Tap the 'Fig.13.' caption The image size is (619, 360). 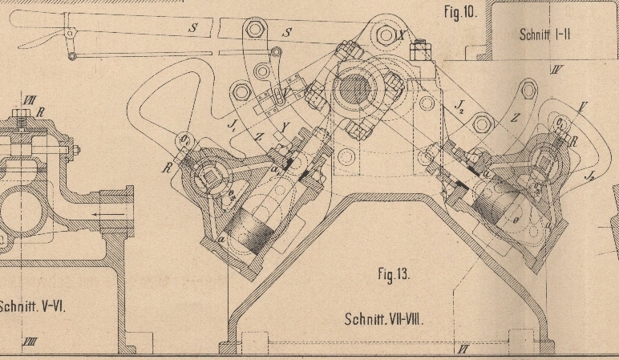click(393, 274)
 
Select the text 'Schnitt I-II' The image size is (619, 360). click(546, 34)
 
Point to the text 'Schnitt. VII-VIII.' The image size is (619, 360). click(384, 319)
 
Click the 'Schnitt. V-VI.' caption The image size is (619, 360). click(34, 305)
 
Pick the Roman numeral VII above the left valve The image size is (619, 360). click(30, 100)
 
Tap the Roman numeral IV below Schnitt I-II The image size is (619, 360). click(556, 70)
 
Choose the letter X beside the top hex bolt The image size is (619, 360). click(401, 34)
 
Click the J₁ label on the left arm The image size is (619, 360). click(233, 125)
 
